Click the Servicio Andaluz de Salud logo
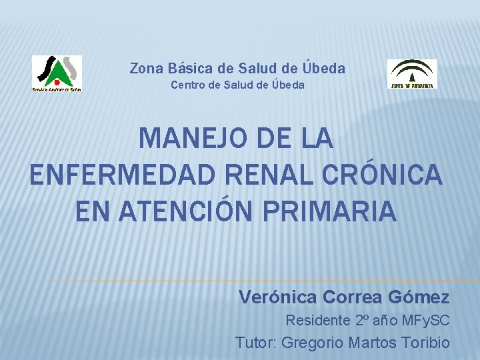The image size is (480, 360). (x=57, y=73)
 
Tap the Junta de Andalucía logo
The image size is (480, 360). (x=412, y=73)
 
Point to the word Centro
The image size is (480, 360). (x=189, y=85)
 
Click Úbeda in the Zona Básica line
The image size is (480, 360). (x=323, y=67)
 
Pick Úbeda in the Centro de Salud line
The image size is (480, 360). (x=287, y=85)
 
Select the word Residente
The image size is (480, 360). (x=317, y=321)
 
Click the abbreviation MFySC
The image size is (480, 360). (x=424, y=321)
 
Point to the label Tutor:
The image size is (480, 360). (x=256, y=343)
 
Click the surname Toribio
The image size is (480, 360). (x=426, y=343)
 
